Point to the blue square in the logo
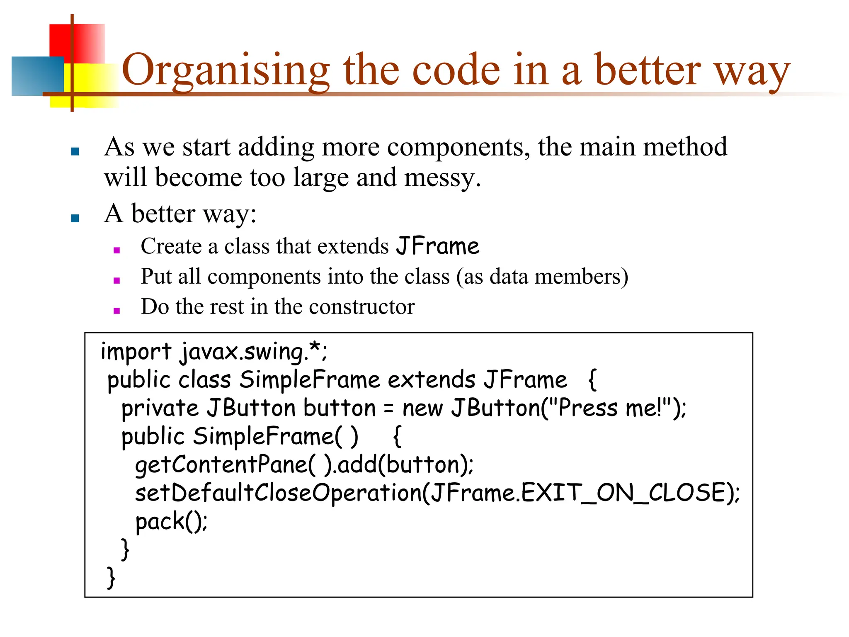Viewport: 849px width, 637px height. [x=37, y=76]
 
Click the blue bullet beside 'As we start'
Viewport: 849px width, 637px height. [x=75, y=151]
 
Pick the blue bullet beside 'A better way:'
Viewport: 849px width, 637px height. [x=75, y=218]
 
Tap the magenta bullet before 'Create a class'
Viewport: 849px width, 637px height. [x=117, y=250]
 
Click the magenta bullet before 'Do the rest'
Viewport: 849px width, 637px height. [x=117, y=311]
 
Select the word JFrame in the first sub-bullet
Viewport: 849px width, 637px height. [x=437, y=246]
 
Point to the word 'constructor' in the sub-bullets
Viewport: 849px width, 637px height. [x=361, y=307]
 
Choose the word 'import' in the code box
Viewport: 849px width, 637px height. [x=136, y=352]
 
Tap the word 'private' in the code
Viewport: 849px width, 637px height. [x=160, y=408]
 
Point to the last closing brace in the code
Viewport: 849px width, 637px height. [x=111, y=577]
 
